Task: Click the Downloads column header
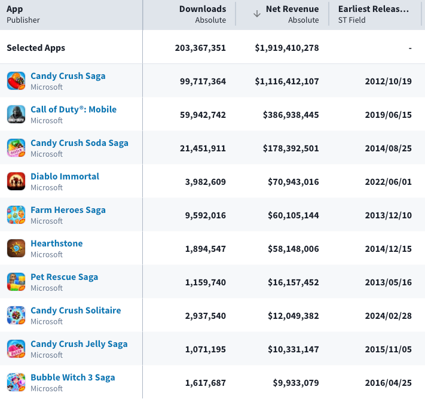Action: tap(203, 9)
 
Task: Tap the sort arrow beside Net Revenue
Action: tap(257, 14)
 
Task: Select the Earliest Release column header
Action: tap(373, 9)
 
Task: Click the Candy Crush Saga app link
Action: tap(68, 76)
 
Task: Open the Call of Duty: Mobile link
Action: tap(74, 109)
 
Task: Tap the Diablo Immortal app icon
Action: tap(16, 181)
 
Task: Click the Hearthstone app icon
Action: tap(16, 248)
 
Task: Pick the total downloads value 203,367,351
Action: tap(200, 48)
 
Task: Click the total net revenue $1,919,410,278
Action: tap(287, 48)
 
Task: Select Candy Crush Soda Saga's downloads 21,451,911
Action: tap(203, 148)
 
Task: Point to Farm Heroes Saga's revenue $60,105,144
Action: tap(293, 215)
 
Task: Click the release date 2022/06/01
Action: tap(388, 182)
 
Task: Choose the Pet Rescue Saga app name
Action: tap(64, 277)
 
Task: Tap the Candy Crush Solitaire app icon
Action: tap(16, 315)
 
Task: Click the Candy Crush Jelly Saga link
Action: tap(79, 344)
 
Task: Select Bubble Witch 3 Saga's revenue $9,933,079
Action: tap(296, 383)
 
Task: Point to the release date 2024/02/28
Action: tap(388, 316)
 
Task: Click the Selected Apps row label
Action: tap(36, 48)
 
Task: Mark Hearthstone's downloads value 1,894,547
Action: tap(206, 249)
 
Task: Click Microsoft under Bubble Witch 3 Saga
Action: tap(47, 388)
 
